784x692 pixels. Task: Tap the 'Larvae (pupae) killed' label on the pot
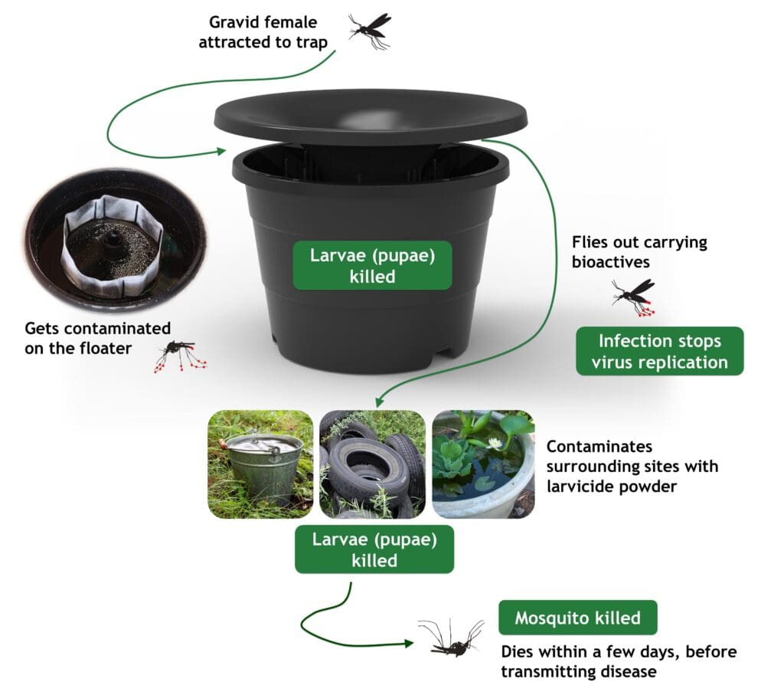[x=372, y=265]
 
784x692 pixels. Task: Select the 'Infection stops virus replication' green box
[x=659, y=351]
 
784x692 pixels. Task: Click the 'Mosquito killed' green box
[x=577, y=618]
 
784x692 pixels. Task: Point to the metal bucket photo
[x=260, y=464]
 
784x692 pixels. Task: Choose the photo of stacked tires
[x=372, y=464]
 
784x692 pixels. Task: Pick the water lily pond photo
[x=483, y=464]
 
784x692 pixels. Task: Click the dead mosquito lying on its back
[x=452, y=639]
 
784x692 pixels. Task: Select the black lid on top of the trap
[x=371, y=116]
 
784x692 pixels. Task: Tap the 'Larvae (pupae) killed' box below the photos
[x=374, y=549]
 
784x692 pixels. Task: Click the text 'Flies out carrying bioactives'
[x=639, y=252]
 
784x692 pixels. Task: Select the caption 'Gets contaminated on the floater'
[x=97, y=338]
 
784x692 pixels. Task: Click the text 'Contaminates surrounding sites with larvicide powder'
[x=632, y=466]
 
